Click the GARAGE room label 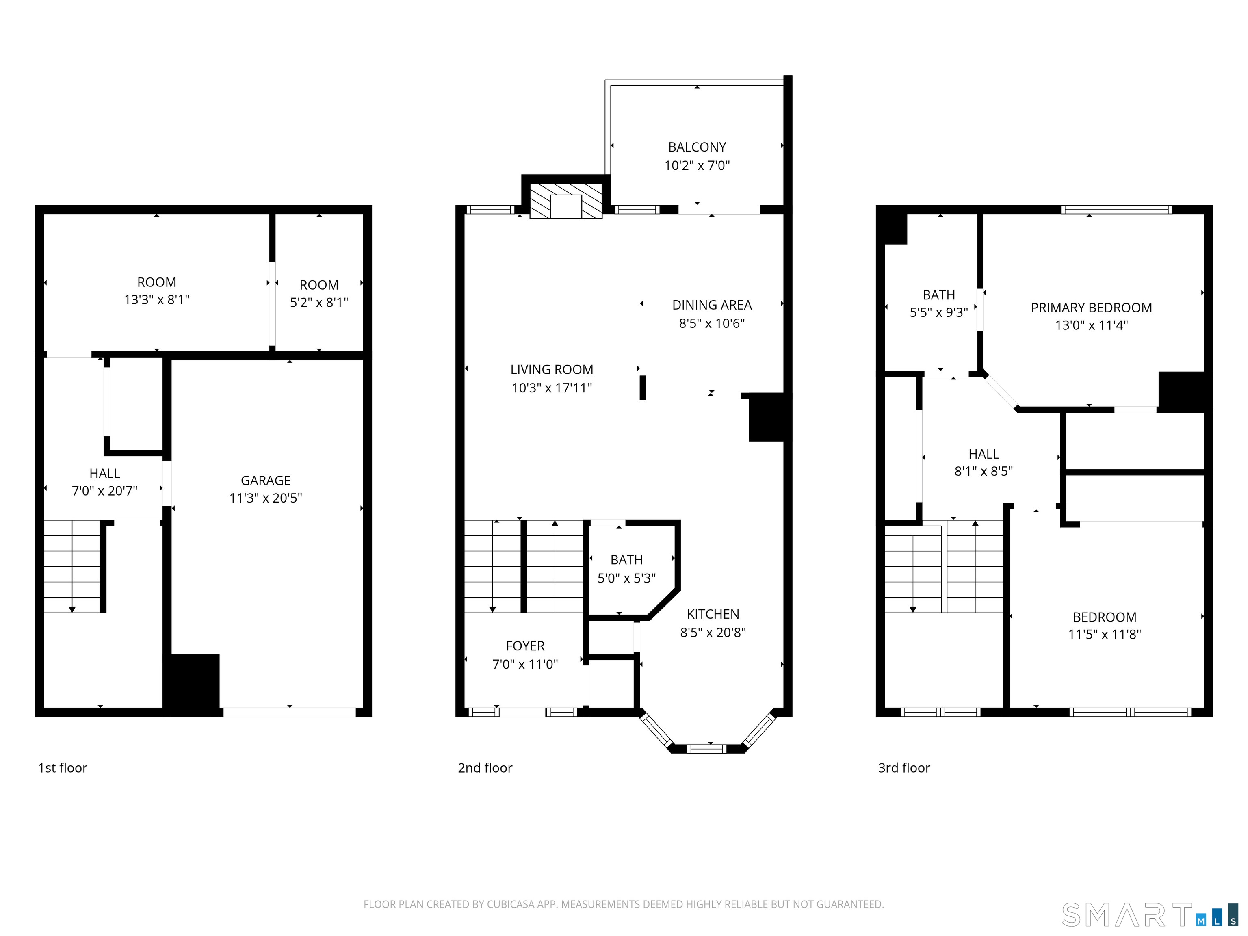pos(265,480)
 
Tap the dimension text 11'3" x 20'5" pos(265,498)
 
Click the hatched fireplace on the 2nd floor pos(566,201)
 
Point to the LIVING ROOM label pos(551,370)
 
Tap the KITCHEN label pos(713,614)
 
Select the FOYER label pos(525,646)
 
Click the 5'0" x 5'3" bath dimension pos(626,578)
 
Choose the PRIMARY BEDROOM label pos(1091,308)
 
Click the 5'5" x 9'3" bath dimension pos(938,312)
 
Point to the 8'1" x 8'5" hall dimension pos(984,471)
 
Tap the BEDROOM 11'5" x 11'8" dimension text pos(1104,634)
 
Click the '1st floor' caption pos(63,768)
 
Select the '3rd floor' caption pos(904,768)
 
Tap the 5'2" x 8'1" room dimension pos(319,302)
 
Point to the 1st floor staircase pos(72,566)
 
